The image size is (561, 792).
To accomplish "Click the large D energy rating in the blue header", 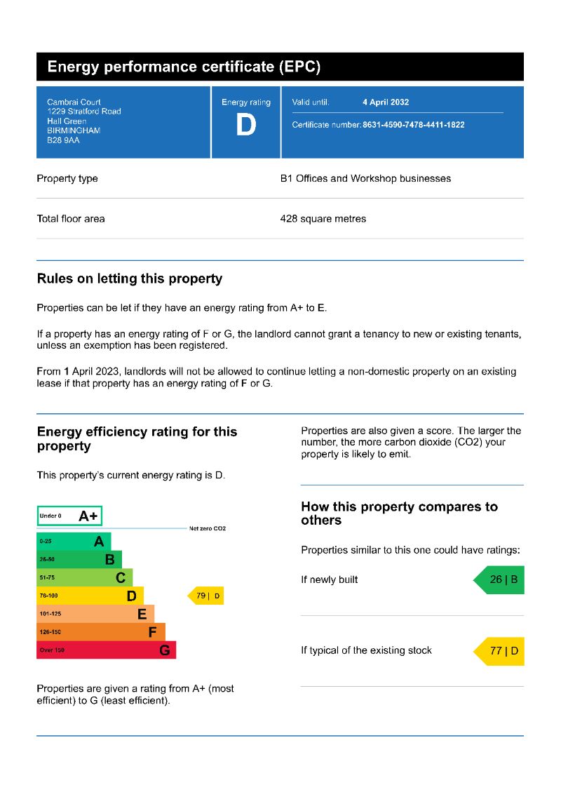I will [245, 126].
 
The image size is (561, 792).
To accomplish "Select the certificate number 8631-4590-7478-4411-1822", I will [413, 125].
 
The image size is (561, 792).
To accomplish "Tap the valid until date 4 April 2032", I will [386, 102].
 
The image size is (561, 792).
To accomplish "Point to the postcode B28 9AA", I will [63, 140].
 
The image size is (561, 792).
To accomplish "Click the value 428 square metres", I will [323, 219].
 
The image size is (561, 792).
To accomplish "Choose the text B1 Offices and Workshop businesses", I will [365, 179].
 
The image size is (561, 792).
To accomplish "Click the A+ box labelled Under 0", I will [69, 516].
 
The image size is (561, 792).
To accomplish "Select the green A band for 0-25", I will [74, 542].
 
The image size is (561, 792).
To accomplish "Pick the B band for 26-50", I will [79, 560].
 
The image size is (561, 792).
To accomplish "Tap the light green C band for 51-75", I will [84, 578].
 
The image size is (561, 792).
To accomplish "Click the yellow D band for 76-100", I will [90, 596].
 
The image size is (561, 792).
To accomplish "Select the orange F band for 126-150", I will [101, 632].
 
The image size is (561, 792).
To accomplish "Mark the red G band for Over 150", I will [106, 650].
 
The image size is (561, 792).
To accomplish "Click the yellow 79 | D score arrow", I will [206, 596].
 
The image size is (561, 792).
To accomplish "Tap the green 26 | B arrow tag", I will [499, 580].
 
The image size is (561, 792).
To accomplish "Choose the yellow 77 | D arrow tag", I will [500, 651].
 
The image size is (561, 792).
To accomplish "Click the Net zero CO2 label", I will [208, 528].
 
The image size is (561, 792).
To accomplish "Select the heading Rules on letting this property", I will [130, 278].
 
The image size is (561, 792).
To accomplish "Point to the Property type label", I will [67, 179].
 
